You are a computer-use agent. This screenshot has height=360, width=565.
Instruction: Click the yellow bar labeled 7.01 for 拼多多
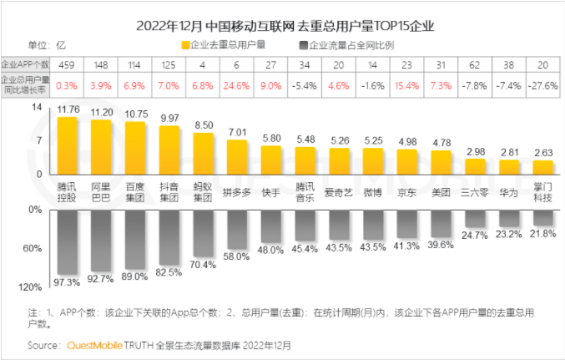point(237,157)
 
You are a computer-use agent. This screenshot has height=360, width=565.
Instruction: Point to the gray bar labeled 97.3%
point(68,241)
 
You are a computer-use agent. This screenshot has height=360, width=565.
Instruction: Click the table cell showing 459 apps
point(68,65)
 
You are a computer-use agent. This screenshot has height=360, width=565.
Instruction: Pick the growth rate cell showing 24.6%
point(237,84)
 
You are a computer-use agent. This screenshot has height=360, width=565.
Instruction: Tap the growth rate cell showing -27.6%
point(542,84)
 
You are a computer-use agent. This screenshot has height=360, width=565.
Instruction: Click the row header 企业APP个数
point(25,65)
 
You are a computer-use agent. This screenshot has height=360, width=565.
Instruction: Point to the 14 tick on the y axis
point(36,109)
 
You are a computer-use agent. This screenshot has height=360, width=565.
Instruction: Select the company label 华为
point(508,193)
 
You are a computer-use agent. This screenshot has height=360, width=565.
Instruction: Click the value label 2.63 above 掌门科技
point(542,152)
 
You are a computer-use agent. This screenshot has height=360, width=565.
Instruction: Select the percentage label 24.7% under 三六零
point(475,236)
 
